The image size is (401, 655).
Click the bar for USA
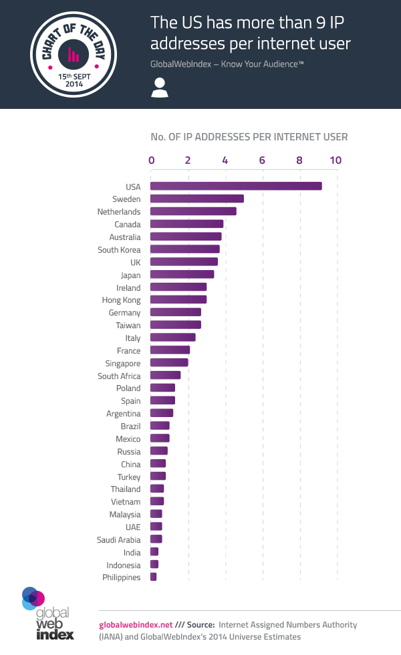point(235,186)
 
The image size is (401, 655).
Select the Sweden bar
point(196,199)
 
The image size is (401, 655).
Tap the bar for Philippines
point(153,577)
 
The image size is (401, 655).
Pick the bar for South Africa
point(165,376)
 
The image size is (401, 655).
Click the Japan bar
point(182,274)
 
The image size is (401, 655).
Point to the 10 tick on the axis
point(336,160)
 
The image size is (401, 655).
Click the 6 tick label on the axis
point(262,160)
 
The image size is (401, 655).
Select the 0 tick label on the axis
point(152,160)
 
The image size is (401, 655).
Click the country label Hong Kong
point(121,300)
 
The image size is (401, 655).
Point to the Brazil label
point(130,426)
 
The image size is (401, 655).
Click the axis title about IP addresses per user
point(249,137)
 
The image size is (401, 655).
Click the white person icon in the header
point(159,88)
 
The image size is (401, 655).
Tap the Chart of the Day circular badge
point(74,55)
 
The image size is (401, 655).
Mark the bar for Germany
point(175,312)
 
